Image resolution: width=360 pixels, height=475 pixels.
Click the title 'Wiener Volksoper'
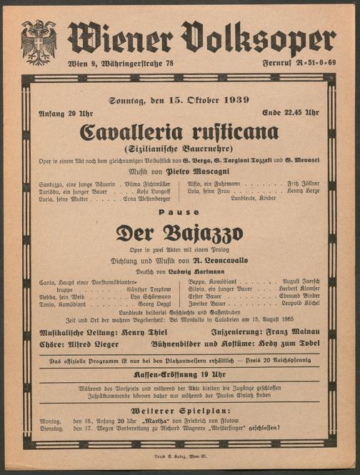(201, 39)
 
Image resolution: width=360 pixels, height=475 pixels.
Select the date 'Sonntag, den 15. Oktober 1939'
(179, 100)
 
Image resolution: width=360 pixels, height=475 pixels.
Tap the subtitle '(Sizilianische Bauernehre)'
(179, 149)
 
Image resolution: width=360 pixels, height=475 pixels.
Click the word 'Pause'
(179, 212)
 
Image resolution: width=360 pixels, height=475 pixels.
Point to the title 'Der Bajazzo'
(179, 233)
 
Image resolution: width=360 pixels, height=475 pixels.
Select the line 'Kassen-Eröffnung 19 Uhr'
(179, 374)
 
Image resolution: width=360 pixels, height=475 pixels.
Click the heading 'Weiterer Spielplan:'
(179, 412)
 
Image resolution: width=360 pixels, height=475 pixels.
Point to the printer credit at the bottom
(179, 455)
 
